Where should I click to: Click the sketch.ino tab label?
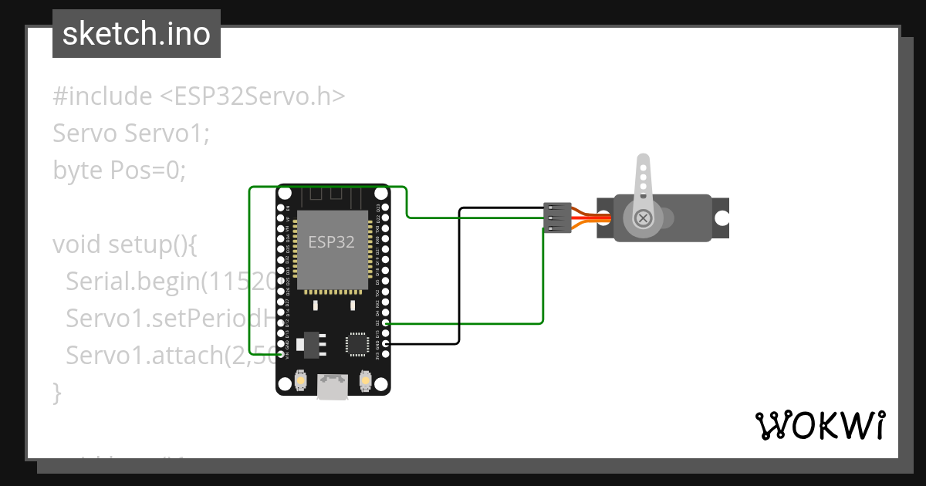(137, 34)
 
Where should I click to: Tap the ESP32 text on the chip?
(331, 241)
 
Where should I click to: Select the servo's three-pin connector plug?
(557, 218)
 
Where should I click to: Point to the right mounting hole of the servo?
(721, 218)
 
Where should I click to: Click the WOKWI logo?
(820, 425)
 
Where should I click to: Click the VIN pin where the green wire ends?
(280, 353)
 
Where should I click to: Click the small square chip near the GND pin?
(357, 343)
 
